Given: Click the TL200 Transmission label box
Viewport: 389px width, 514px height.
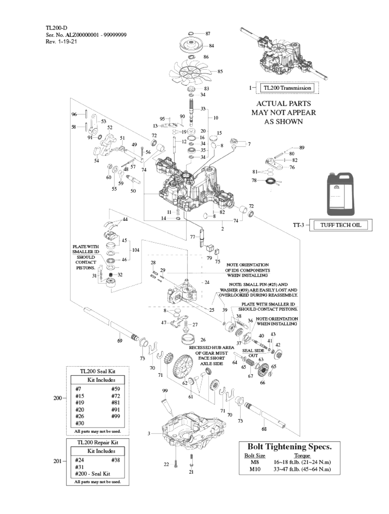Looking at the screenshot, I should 287,88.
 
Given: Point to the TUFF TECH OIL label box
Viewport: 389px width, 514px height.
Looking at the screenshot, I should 340,225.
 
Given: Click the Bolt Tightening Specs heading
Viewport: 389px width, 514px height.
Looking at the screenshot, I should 289,447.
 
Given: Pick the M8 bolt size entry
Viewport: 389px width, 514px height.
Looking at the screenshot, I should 255,462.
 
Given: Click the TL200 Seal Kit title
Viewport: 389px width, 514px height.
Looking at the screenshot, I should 98,371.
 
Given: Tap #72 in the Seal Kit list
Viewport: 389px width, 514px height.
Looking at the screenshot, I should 116,396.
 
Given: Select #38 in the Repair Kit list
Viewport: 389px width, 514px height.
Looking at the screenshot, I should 116,460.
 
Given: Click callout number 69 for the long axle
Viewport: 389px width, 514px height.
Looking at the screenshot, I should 120,341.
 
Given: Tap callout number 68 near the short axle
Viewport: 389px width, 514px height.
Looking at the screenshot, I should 264,429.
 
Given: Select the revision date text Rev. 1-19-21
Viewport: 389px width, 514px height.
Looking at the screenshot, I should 61,42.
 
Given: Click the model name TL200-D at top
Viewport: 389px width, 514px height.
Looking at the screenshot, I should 56,28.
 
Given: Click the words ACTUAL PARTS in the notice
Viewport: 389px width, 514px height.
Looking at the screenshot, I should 283,104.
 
